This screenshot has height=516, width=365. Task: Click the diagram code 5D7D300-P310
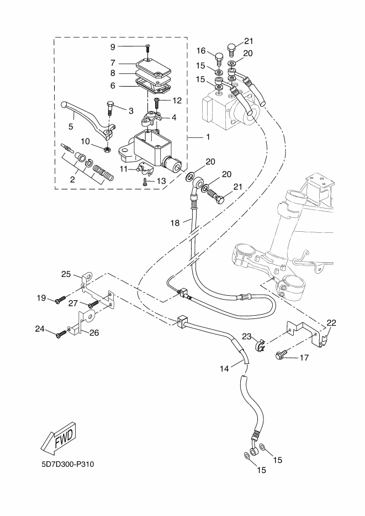point(67,464)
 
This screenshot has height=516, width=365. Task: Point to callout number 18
point(174,223)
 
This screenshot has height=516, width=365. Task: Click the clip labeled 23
point(259,345)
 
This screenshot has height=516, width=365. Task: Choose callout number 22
point(331,322)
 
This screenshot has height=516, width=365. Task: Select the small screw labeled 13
point(145,180)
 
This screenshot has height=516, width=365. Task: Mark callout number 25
point(66,274)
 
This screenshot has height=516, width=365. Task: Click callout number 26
point(93,333)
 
